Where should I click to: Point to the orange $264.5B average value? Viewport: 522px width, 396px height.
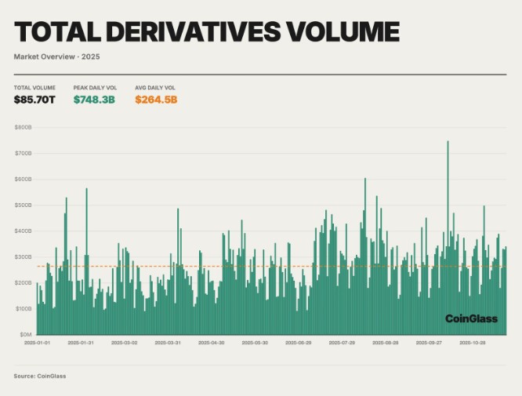[156, 100]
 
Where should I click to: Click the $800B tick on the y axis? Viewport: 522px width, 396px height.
[23, 127]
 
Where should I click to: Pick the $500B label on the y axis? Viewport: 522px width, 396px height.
[23, 205]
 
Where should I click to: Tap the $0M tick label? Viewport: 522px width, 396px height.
[24, 334]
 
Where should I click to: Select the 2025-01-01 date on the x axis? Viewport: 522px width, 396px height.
[37, 343]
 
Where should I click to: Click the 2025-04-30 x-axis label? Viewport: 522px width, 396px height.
[212, 343]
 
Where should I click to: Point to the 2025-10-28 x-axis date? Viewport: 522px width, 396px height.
[473, 343]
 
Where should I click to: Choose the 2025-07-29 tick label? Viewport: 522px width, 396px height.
[343, 343]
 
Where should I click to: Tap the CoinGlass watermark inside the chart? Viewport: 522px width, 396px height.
[471, 318]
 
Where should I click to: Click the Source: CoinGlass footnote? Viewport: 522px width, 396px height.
[40, 376]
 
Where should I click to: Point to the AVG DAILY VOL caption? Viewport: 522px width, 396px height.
[155, 87]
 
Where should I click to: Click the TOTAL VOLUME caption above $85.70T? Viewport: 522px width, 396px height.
[34, 87]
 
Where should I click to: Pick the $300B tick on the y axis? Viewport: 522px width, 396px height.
[23, 256]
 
